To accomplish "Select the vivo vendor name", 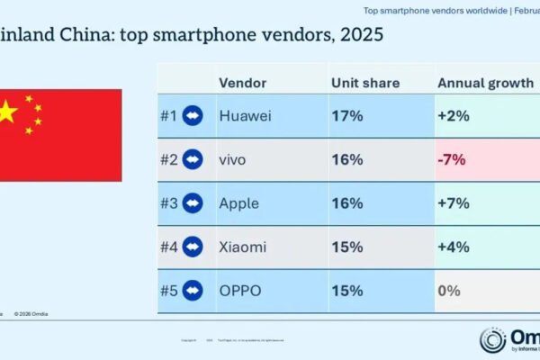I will [x=232, y=159].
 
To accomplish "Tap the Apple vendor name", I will [x=238, y=202].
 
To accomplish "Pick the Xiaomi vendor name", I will [x=242, y=247].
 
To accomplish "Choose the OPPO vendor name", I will [x=239, y=291].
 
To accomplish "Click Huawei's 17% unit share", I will [x=346, y=116].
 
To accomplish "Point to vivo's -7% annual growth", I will [x=452, y=159].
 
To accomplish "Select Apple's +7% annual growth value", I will [x=454, y=202].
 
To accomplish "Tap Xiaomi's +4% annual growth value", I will [x=454, y=247].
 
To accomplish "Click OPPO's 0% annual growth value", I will [x=449, y=291].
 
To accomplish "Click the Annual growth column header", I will [x=484, y=82].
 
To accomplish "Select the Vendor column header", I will [x=242, y=82].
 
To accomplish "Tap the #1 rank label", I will [x=168, y=116].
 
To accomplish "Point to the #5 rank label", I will [x=168, y=291].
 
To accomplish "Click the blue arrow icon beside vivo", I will [x=192, y=159].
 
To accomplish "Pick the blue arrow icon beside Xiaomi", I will [x=192, y=247].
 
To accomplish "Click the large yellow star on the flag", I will [x=7, y=112].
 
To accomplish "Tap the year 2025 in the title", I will [x=356, y=36].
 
